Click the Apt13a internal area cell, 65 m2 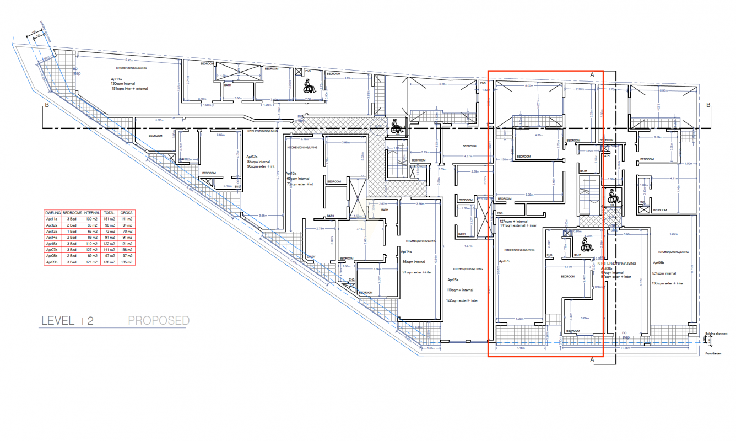[91, 232]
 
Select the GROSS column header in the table [126, 212]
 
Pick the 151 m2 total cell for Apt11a [109, 219]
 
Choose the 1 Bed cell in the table [72, 232]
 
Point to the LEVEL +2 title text [67, 321]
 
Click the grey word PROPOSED [159, 321]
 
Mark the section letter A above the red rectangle [592, 73]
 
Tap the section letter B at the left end [47, 104]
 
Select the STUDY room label [311, 256]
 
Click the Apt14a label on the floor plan [407, 252]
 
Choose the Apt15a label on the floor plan [453, 281]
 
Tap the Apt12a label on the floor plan [252, 157]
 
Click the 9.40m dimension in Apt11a [129, 60]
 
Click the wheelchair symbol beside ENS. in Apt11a [309, 85]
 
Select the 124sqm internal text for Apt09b [663, 273]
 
